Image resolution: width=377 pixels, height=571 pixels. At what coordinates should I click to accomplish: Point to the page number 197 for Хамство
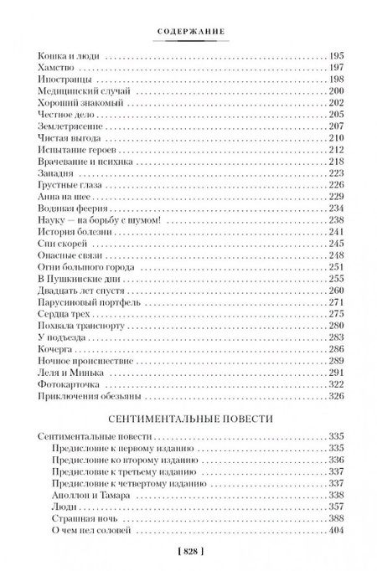[333, 67]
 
